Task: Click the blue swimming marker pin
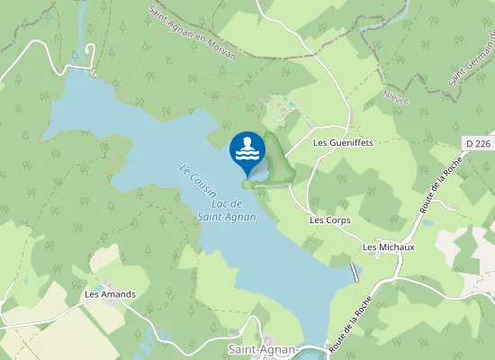247,150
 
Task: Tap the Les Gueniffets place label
342,142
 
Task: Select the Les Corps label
329,220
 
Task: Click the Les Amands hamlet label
110,294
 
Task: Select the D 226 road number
479,142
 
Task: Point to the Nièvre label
396,95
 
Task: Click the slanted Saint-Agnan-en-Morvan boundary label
193,32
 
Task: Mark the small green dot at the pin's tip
247,184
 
